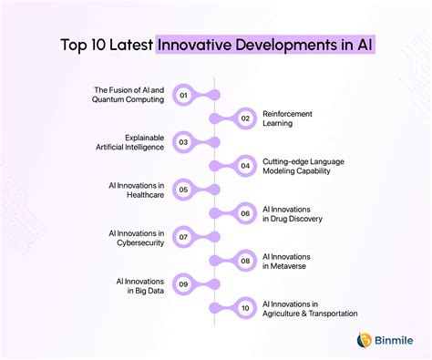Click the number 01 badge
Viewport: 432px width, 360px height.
coord(183,95)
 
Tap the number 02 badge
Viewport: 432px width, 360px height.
coord(245,118)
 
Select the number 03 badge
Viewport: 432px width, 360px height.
coord(183,142)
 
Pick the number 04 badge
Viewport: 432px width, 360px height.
coord(245,166)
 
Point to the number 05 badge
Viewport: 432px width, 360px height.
coord(183,190)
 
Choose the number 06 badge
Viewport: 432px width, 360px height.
coord(245,213)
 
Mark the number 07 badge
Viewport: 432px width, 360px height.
coord(183,237)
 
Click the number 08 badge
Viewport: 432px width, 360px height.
coord(245,261)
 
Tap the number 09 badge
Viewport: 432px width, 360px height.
coord(183,284)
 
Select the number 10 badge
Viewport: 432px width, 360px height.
coord(245,308)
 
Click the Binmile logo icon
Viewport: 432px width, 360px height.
coord(364,340)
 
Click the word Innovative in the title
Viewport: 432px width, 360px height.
coord(198,44)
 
